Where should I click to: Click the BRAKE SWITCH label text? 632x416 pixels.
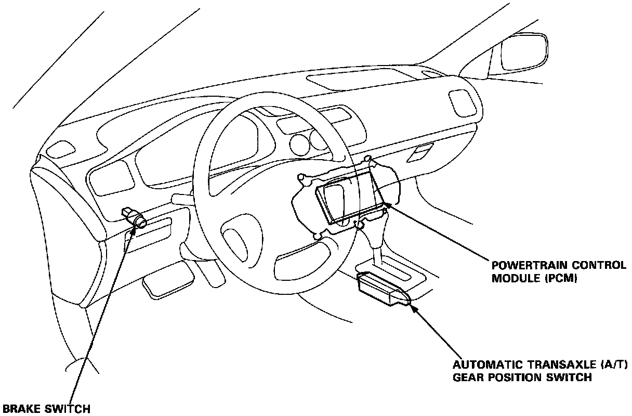(45, 408)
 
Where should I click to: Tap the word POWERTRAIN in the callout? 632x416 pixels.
(520, 265)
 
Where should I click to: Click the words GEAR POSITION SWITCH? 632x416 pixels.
(522, 378)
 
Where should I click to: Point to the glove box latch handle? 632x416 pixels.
(422, 152)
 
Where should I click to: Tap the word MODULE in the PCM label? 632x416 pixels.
(511, 279)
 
